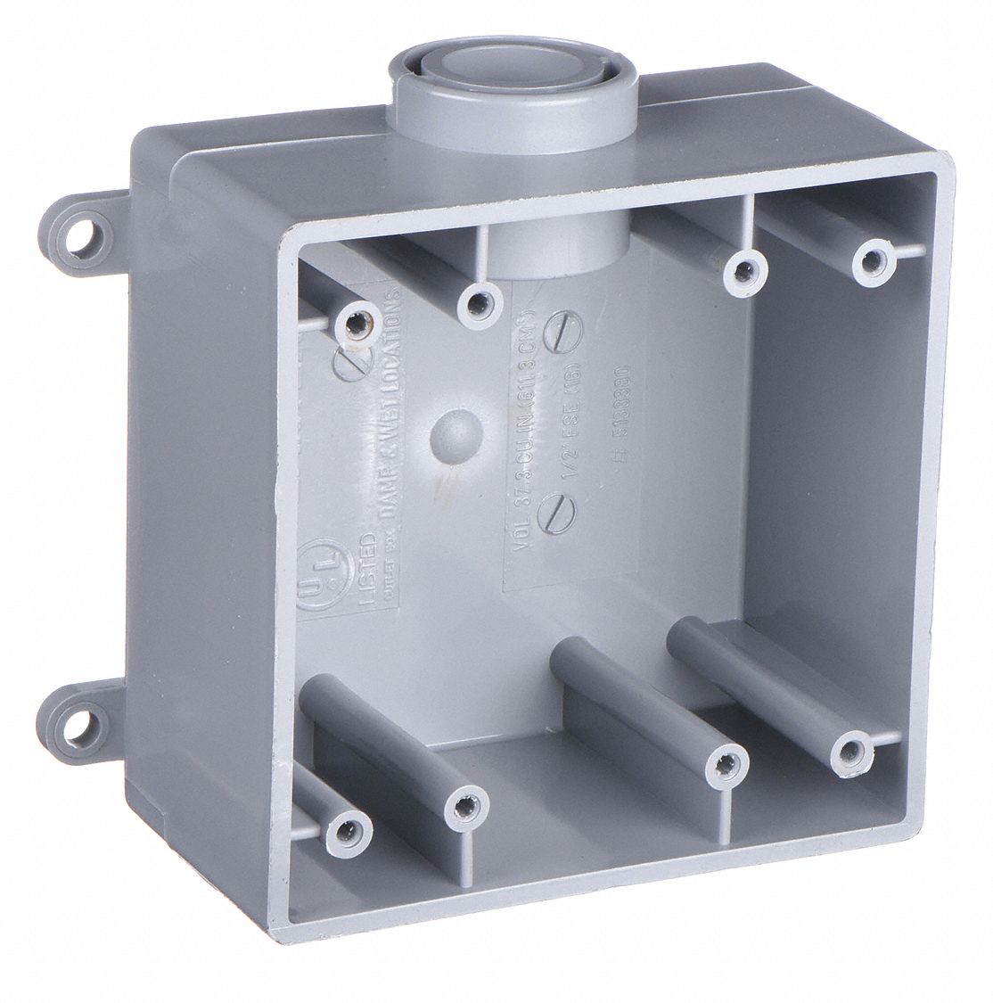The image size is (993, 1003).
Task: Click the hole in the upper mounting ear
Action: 85,217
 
